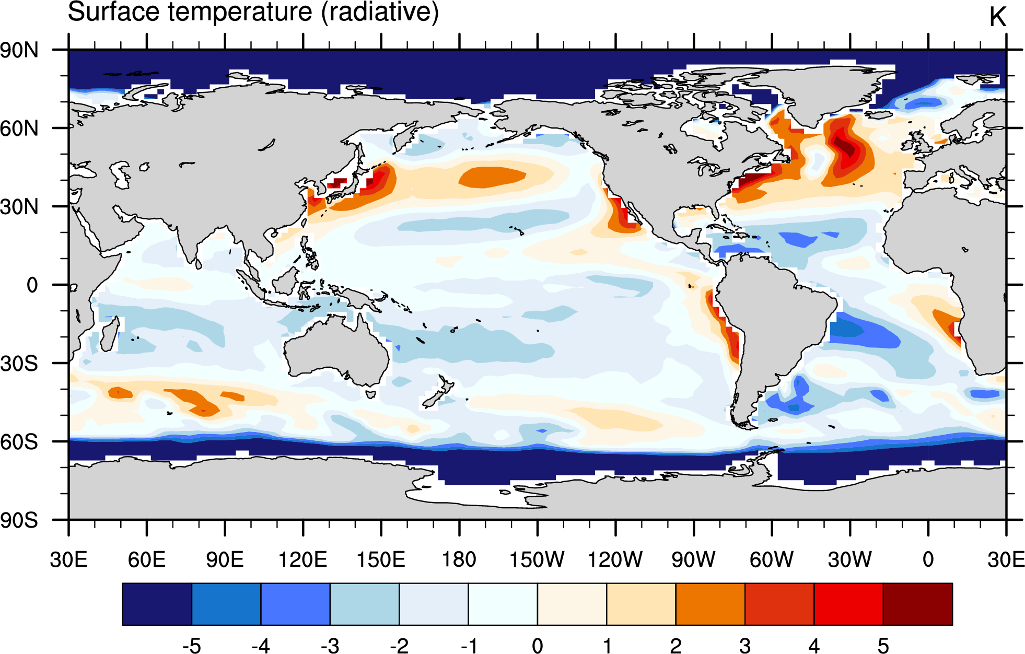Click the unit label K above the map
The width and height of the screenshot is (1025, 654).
[x=997, y=17]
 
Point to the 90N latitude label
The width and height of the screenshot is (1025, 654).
[x=19, y=51]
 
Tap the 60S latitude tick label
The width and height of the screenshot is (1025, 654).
[x=19, y=442]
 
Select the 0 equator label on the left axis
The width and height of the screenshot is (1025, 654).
[x=32, y=285]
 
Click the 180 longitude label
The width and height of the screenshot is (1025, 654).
[x=459, y=559]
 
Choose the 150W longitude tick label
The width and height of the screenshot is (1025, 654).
[x=537, y=559]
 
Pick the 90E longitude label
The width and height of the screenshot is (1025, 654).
[x=225, y=559]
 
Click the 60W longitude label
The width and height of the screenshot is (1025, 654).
[x=772, y=559]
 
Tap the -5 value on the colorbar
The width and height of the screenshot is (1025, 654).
[x=192, y=646]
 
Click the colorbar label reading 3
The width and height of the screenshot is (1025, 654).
[x=745, y=646]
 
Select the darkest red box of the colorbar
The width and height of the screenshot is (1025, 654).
[x=918, y=604]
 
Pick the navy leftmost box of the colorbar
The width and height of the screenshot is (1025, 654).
[x=157, y=604]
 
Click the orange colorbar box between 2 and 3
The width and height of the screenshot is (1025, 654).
[x=710, y=604]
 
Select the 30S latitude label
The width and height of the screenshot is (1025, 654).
[x=19, y=364]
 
